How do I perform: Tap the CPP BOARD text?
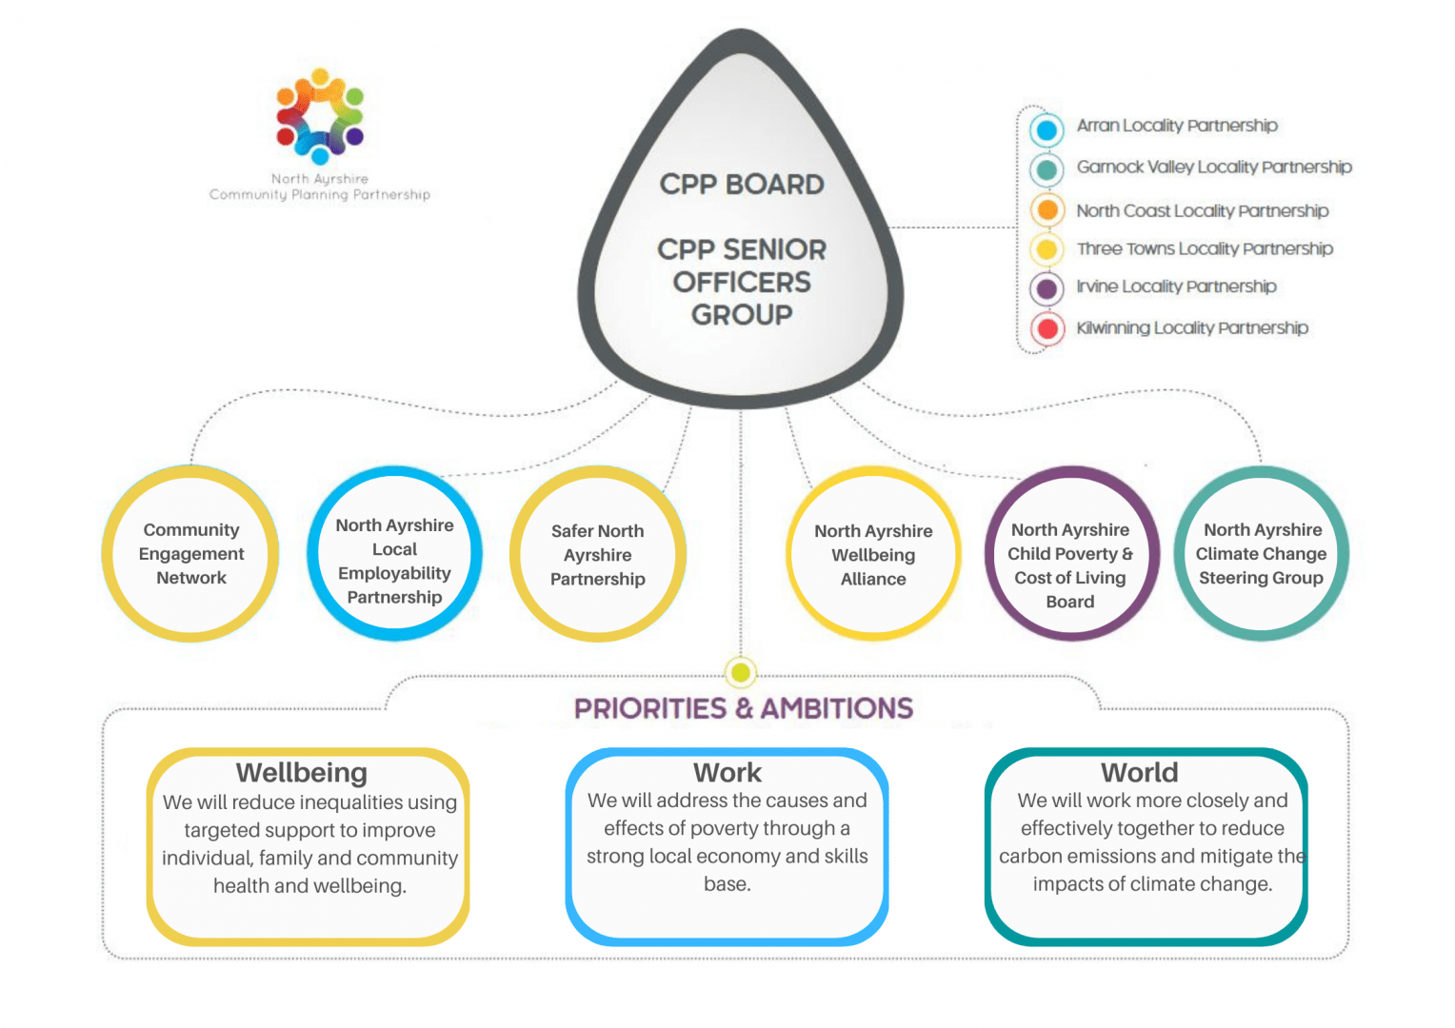[x=742, y=184]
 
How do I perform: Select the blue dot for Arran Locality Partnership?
[x=1046, y=129]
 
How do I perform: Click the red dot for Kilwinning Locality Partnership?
[x=1047, y=329]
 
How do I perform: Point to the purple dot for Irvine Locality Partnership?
[x=1047, y=288]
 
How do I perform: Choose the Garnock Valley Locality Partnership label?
[x=1213, y=168]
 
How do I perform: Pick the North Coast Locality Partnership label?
[x=1202, y=210]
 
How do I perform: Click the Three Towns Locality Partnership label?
[x=1205, y=248]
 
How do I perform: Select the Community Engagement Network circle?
[x=190, y=554]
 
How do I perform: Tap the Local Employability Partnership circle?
[x=394, y=554]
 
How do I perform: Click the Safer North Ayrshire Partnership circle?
[x=598, y=554]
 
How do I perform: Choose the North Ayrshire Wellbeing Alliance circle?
[x=873, y=554]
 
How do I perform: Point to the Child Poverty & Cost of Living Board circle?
[x=1070, y=554]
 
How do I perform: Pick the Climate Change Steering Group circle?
[x=1261, y=554]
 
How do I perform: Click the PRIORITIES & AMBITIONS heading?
[x=743, y=708]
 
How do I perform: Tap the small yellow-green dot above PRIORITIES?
[x=741, y=673]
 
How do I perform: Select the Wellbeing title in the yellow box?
[x=302, y=772]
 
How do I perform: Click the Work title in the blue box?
[x=727, y=772]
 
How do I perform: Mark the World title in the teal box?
[x=1140, y=772]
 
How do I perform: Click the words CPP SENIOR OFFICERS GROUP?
[x=742, y=282]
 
